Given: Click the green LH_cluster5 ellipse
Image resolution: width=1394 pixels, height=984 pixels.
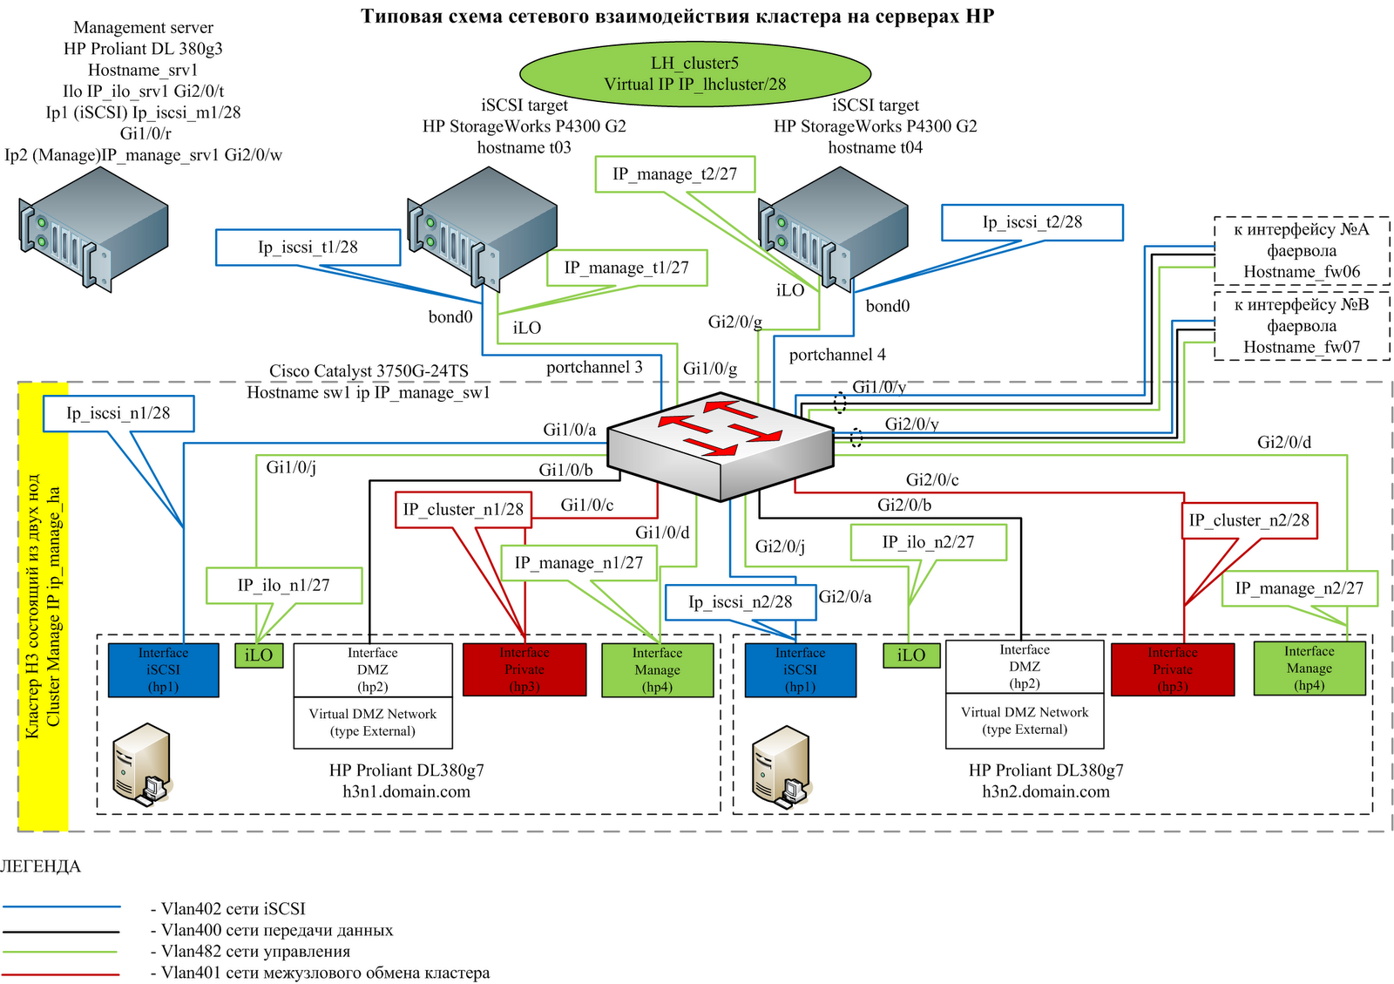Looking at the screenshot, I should (694, 73).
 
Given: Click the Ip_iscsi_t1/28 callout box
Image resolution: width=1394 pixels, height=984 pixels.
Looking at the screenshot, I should (308, 248).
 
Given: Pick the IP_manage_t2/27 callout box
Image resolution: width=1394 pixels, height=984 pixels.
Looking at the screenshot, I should (674, 174).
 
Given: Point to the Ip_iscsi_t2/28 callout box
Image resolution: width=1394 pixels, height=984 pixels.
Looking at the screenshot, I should (1032, 222).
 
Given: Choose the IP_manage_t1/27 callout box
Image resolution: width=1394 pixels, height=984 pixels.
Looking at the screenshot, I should (626, 268).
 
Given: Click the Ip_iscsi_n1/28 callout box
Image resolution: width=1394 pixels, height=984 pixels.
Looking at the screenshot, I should (118, 413).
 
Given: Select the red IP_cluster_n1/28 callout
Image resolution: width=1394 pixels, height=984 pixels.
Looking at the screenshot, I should (464, 509).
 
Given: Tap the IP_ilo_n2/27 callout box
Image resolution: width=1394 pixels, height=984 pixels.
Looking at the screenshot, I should (928, 542).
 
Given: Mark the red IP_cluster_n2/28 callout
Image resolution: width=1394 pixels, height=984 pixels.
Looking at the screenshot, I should (1249, 520).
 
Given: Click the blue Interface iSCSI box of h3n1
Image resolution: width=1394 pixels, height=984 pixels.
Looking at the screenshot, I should (163, 670).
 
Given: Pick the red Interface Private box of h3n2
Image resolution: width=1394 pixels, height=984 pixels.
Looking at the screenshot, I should (1172, 669).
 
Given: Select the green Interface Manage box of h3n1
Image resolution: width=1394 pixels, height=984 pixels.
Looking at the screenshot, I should (657, 670).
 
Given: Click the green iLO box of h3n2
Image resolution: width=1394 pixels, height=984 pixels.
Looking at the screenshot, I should (910, 655).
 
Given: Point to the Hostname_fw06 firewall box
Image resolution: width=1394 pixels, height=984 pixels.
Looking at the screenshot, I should (1301, 251).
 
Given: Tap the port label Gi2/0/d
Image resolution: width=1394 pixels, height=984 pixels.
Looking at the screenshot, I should (1283, 443).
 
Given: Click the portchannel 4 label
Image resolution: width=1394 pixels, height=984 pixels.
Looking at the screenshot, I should (837, 355).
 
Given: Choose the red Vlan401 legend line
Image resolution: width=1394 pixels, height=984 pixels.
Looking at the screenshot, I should (61, 974).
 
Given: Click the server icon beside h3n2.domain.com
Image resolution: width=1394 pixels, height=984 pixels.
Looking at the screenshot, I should (782, 764).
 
